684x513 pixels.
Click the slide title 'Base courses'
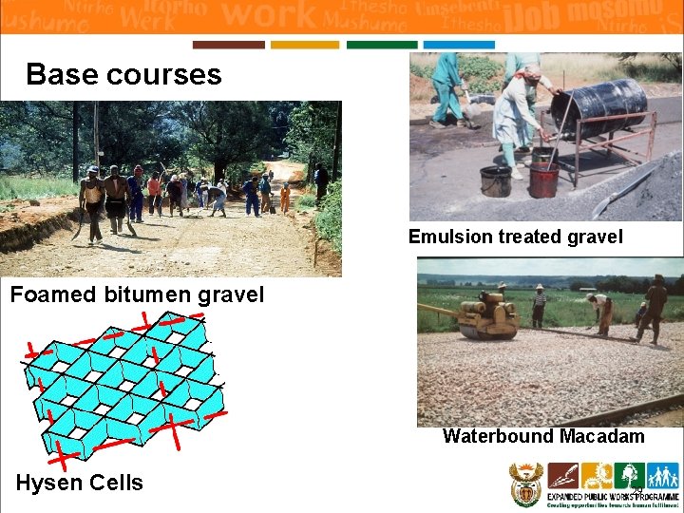(123, 75)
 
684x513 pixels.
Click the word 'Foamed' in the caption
(53, 294)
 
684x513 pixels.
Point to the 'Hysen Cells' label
(79, 483)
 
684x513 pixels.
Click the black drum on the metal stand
(600, 105)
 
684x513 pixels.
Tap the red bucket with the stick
(543, 179)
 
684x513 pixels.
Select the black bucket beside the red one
(495, 180)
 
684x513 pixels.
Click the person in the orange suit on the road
(284, 198)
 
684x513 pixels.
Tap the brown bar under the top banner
(228, 45)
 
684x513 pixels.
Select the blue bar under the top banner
(459, 45)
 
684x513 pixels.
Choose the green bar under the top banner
(382, 45)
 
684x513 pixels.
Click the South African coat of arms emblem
(525, 484)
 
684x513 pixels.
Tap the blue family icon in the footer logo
(663, 475)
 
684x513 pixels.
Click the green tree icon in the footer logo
(629, 475)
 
